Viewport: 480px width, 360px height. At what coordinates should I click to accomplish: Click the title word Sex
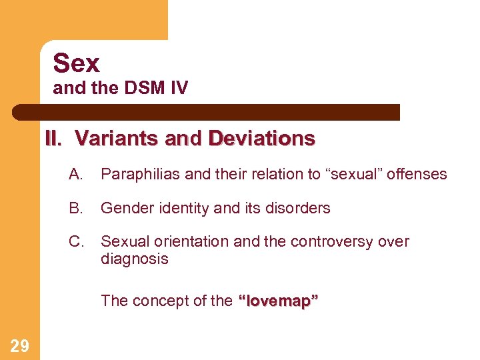click(77, 63)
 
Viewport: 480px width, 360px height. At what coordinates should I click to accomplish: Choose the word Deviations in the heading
click(261, 139)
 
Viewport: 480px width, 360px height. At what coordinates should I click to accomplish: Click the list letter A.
click(75, 174)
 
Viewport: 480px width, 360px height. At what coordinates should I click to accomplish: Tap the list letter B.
click(75, 208)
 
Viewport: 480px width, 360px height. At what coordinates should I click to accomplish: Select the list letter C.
click(75, 241)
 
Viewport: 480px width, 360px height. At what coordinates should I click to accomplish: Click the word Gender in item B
click(123, 208)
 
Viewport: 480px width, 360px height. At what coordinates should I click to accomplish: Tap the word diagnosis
click(134, 259)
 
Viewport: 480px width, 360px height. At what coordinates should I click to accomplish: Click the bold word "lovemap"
click(279, 301)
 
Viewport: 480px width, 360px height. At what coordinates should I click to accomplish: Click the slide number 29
click(20, 345)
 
